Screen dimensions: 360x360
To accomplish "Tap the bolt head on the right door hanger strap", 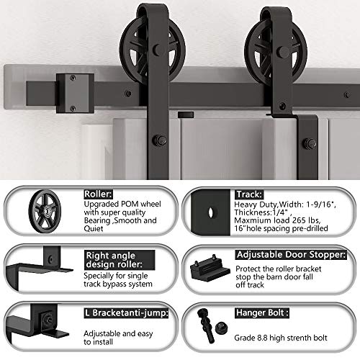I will tap(310, 143).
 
